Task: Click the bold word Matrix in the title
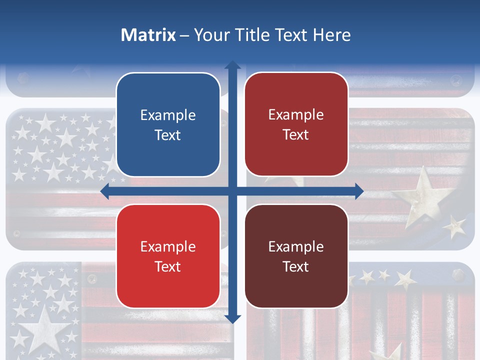[148, 35]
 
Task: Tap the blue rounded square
[168, 125]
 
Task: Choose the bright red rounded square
[168, 256]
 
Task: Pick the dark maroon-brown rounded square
[296, 256]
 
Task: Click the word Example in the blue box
[168, 115]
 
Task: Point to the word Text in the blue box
[168, 135]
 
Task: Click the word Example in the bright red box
[168, 247]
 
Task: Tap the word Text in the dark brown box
[296, 266]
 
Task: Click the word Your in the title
[210, 35]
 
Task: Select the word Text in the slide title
[290, 35]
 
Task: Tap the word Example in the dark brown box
[296, 247]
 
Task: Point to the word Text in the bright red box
[168, 266]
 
